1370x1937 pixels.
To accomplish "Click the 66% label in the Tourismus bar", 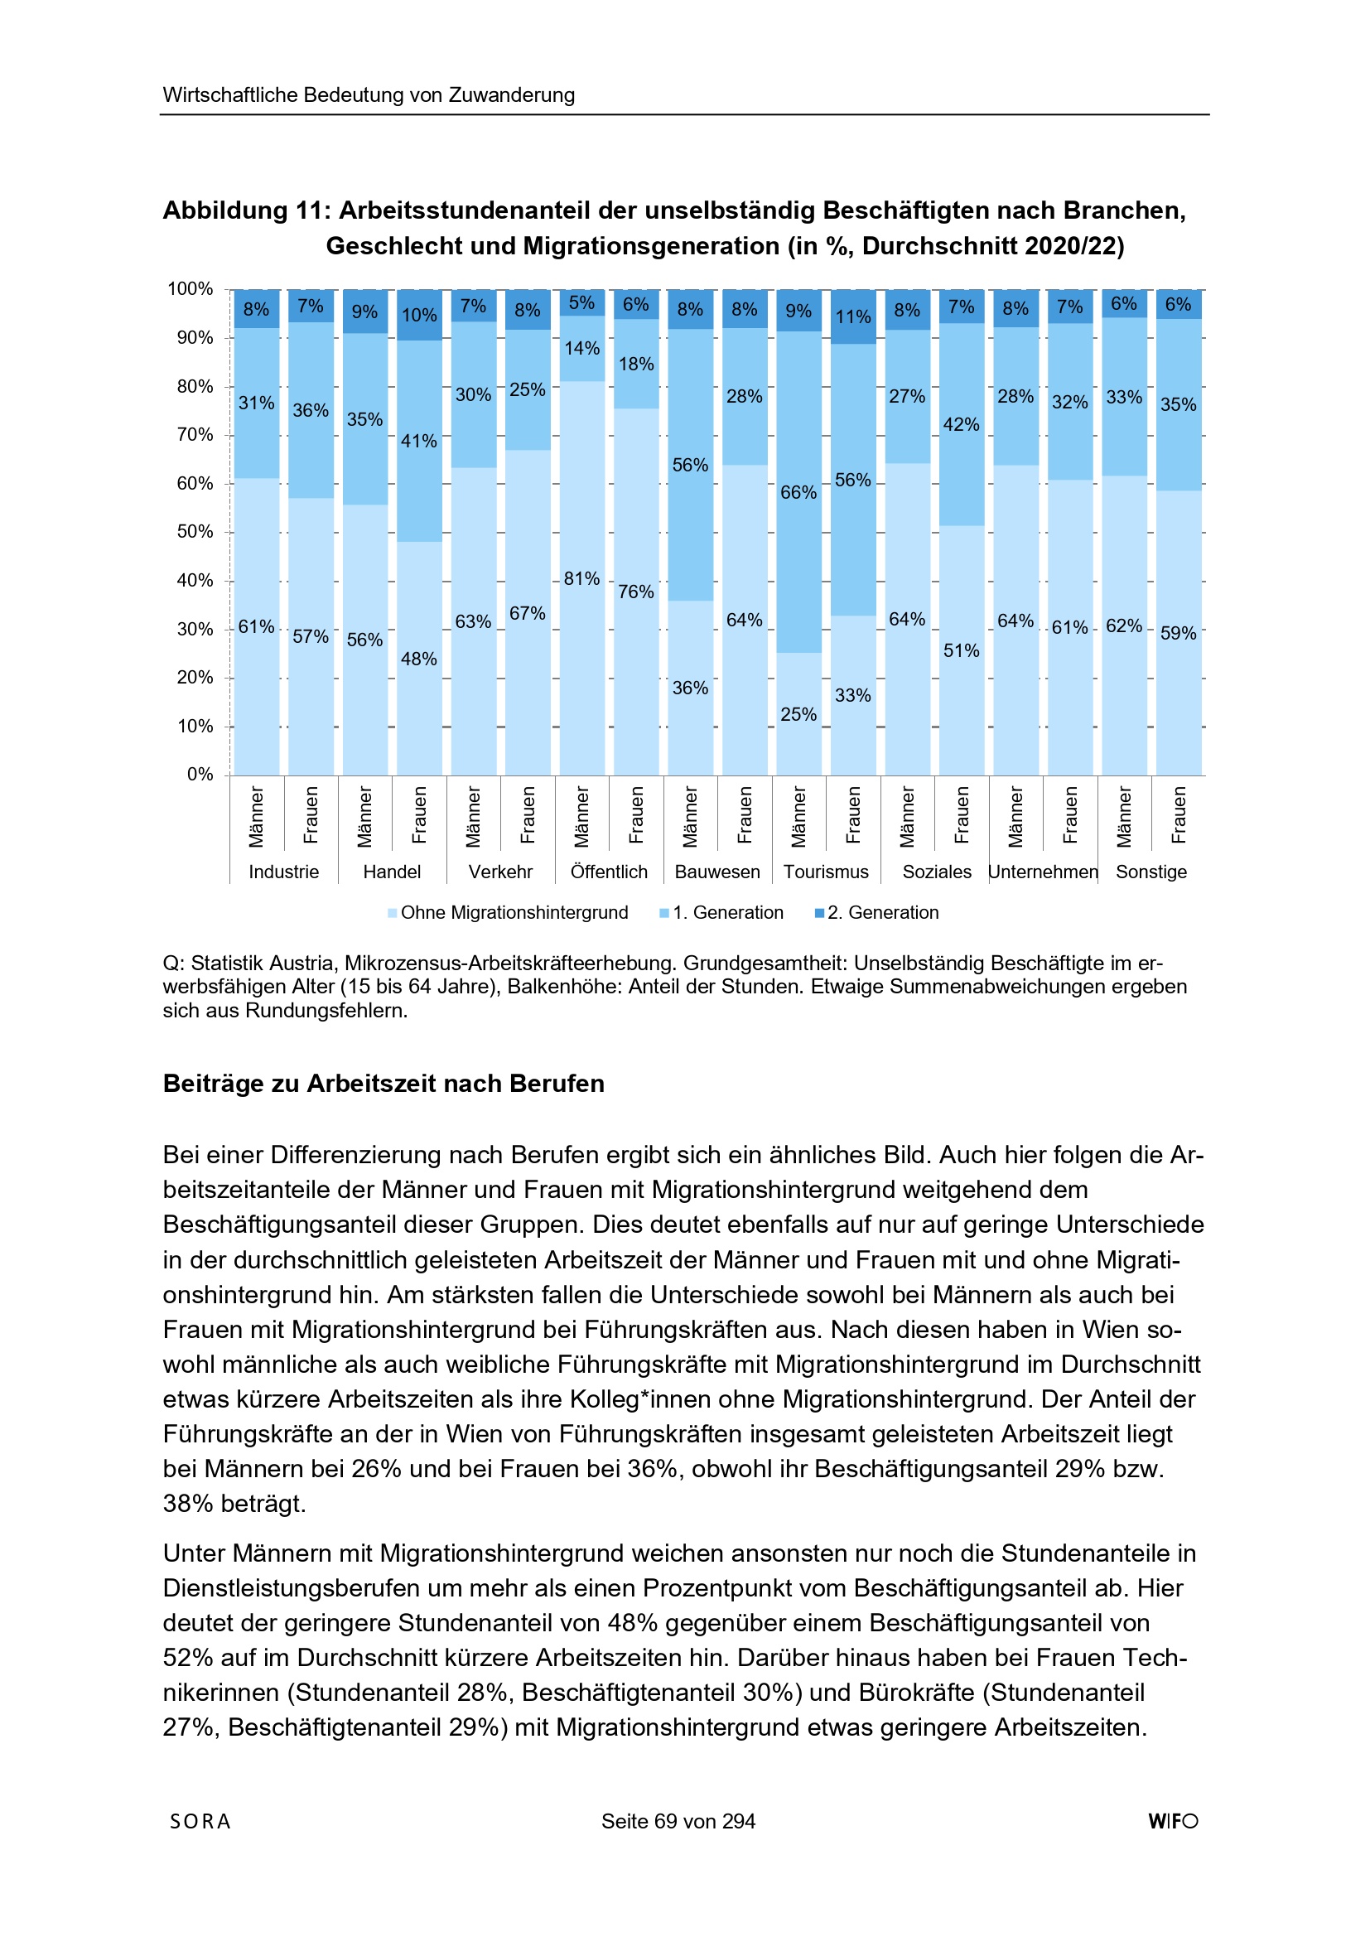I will click(x=798, y=493).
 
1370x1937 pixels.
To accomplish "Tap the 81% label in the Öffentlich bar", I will click(x=581, y=579).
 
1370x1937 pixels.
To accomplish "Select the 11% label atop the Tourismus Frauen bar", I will click(x=852, y=317).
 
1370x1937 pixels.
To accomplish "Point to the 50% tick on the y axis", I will click(x=195, y=533).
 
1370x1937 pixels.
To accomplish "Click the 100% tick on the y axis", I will click(x=191, y=289).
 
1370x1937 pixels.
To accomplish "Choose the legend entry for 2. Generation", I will click(x=876, y=913).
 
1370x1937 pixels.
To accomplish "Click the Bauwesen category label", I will click(x=717, y=872).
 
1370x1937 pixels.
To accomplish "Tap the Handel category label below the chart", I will click(x=392, y=872).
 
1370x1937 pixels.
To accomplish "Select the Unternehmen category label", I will click(x=1043, y=872).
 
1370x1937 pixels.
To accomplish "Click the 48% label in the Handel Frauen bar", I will click(x=418, y=659).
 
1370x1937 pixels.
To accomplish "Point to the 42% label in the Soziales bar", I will click(x=961, y=424).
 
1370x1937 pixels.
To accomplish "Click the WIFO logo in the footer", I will click(x=1173, y=1821).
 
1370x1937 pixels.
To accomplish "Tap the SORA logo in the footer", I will click(x=200, y=1821).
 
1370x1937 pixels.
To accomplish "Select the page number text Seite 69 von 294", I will click(x=678, y=1821).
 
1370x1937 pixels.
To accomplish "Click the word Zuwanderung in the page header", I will click(x=511, y=95).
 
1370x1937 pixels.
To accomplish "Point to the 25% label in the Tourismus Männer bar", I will click(x=798, y=714).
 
